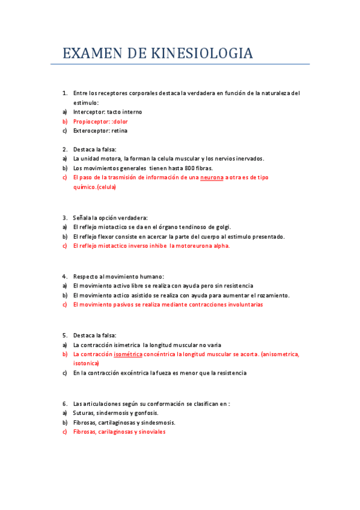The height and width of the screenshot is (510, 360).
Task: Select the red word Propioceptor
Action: point(92,121)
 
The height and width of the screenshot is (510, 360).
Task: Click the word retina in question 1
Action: point(119,131)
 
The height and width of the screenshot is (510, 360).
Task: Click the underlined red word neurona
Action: point(211,177)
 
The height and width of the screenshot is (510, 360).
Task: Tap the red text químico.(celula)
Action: point(94,187)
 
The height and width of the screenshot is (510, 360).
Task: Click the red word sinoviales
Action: point(150,432)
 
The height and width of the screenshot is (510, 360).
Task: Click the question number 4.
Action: point(64,276)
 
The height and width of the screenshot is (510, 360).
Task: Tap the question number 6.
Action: point(64,404)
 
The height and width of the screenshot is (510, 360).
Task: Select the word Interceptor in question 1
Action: point(89,112)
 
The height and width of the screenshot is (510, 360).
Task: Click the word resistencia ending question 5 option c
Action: point(227,373)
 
